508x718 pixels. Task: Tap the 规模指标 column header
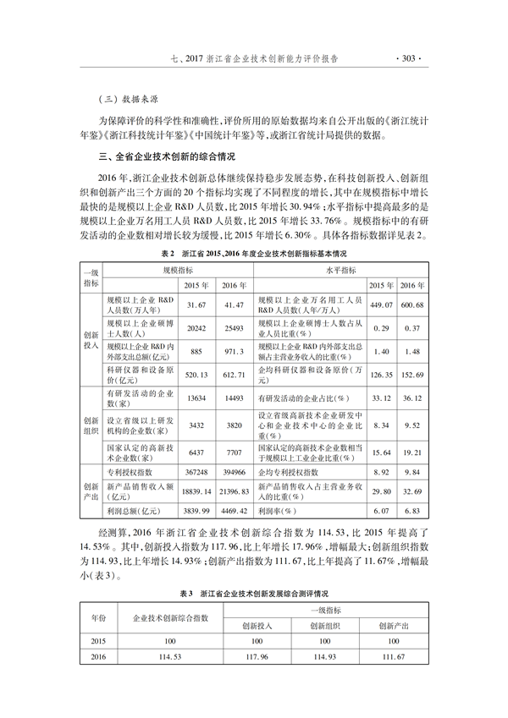click(x=178, y=268)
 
